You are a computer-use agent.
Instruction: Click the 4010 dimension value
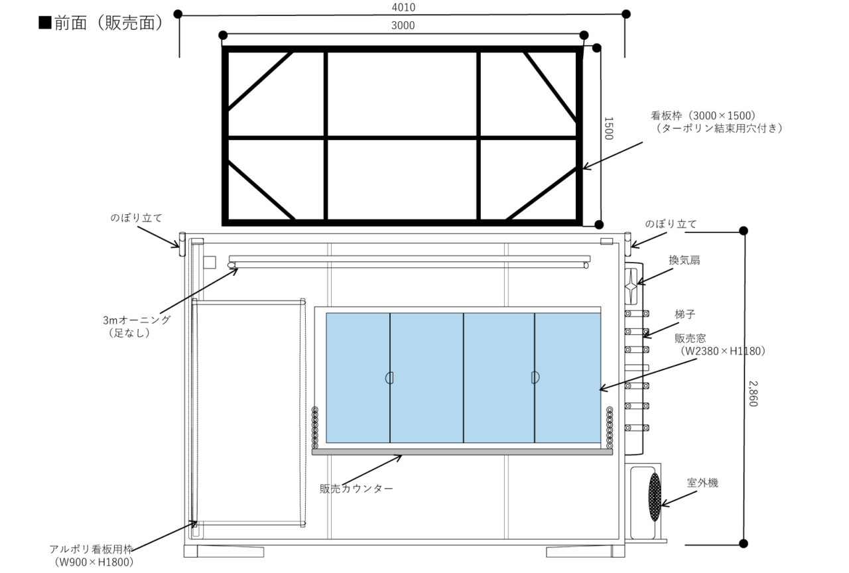click(x=403, y=7)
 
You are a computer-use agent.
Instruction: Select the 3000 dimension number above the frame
click(x=403, y=25)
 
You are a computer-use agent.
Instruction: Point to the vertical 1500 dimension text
click(x=608, y=129)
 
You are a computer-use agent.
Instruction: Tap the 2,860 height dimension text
click(x=753, y=394)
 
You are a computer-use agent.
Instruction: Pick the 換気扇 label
click(x=684, y=260)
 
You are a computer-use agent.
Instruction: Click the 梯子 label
click(x=685, y=314)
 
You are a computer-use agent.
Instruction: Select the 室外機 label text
click(x=702, y=483)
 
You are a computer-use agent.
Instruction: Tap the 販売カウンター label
click(x=356, y=489)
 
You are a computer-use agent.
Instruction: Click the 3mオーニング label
click(x=137, y=320)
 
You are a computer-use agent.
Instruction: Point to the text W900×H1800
click(x=94, y=562)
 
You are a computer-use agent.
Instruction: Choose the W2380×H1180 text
click(x=723, y=351)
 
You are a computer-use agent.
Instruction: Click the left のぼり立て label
click(x=136, y=218)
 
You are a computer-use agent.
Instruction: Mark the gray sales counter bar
click(x=462, y=452)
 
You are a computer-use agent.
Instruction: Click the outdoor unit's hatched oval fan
click(x=655, y=497)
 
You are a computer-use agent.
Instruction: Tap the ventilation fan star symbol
click(x=631, y=286)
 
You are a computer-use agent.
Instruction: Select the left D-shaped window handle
click(x=389, y=378)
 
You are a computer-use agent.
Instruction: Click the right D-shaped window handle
click(x=535, y=377)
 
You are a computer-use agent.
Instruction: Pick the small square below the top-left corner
click(x=210, y=262)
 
